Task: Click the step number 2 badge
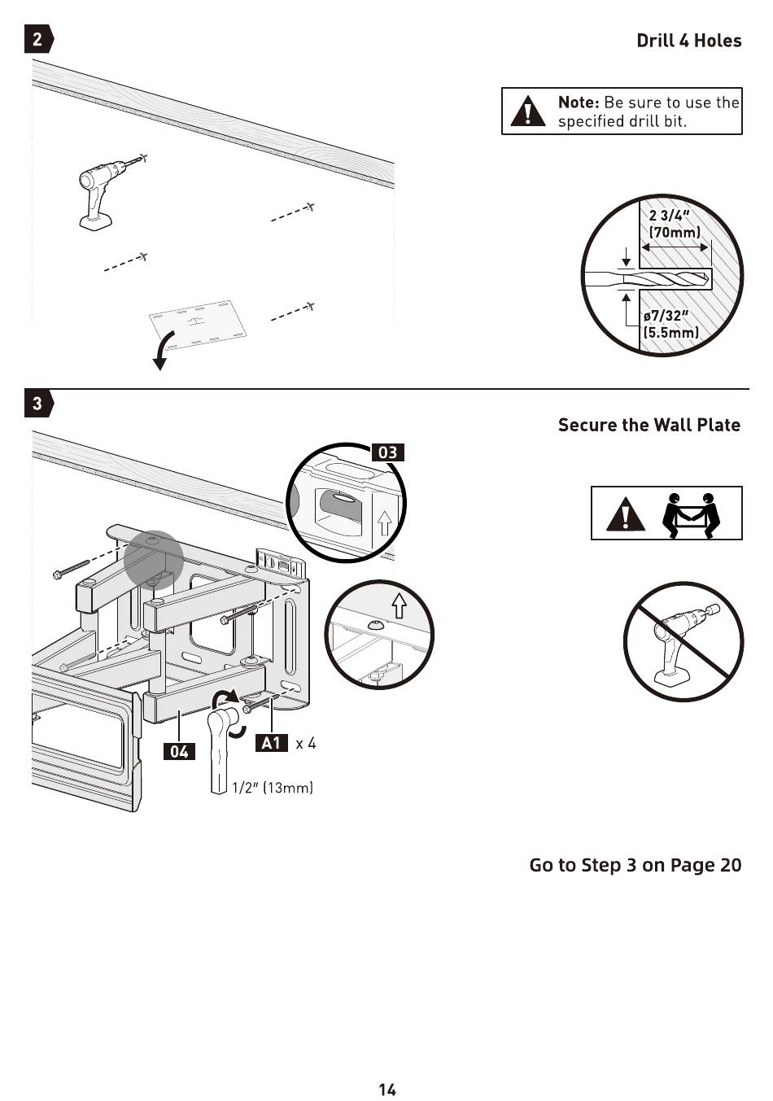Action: click(x=38, y=39)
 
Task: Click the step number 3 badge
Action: click(x=38, y=403)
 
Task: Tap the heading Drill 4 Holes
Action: click(x=688, y=41)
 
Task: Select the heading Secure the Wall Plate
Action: click(x=649, y=425)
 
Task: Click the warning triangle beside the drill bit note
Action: click(x=528, y=111)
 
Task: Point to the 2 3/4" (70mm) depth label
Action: click(x=674, y=224)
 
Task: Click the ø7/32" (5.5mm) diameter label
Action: click(x=670, y=324)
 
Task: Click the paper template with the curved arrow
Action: click(x=198, y=325)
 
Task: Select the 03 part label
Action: click(x=388, y=452)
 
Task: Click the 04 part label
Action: click(x=179, y=751)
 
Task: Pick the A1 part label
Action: click(x=271, y=742)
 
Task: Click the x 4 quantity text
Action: click(x=306, y=742)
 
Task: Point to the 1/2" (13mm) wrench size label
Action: click(x=273, y=787)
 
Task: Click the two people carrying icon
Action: click(x=691, y=514)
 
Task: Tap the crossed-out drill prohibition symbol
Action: click(x=683, y=640)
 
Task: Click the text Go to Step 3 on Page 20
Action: click(x=635, y=864)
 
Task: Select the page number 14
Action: click(x=386, y=1089)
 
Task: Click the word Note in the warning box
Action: click(x=579, y=103)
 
